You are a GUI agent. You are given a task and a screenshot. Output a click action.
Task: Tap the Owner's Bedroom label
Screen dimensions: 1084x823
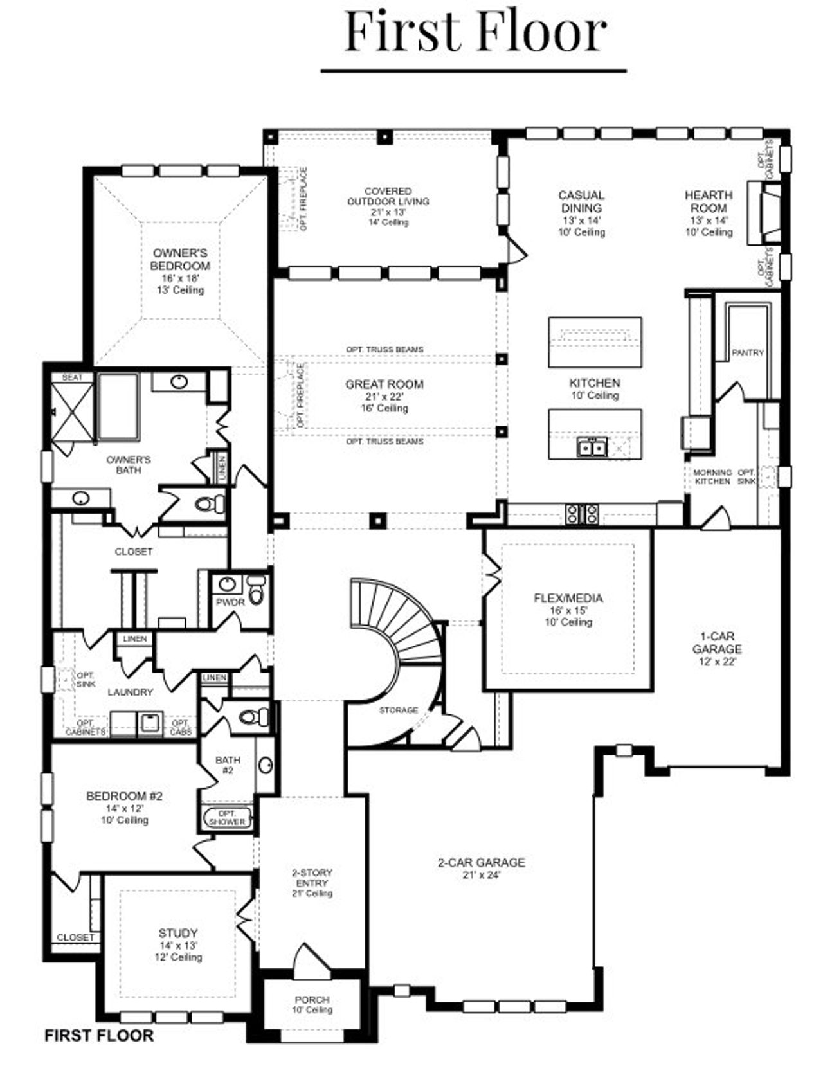180,260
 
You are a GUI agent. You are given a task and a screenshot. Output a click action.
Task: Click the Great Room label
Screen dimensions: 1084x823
384,384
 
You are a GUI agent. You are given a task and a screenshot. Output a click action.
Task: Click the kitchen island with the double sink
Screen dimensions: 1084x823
595,435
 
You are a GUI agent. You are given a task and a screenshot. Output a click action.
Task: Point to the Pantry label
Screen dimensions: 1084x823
748,352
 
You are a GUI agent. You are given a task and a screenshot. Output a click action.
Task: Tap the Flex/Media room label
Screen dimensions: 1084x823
568,599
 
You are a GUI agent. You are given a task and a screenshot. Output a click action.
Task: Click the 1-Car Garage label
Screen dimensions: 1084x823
717,643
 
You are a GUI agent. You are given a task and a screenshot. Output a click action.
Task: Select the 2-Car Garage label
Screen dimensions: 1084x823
482,863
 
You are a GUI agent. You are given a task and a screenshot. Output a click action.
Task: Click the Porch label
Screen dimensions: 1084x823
312,1000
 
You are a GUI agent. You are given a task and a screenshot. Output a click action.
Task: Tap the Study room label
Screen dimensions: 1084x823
178,933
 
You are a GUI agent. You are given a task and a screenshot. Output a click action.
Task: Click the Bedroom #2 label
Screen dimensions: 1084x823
124,797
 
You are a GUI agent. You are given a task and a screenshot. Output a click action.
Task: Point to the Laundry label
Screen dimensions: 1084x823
131,692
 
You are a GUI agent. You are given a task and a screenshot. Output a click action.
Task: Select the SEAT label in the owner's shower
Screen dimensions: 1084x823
72,377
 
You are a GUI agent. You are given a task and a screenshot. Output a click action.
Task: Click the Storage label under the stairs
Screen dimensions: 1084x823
399,710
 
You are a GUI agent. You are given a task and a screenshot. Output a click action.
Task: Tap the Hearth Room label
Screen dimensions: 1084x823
708,201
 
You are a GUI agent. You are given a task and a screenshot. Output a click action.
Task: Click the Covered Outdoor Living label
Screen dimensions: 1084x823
388,196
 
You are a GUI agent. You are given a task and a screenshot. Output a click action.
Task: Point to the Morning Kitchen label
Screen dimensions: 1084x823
712,476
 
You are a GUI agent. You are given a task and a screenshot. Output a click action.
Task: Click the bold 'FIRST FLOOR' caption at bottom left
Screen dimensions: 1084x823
99,1036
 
